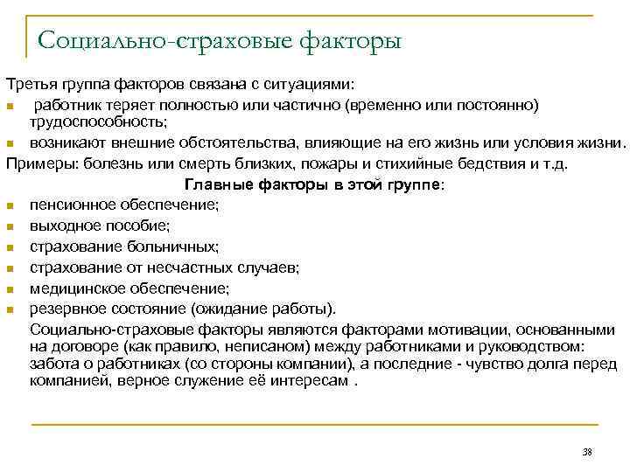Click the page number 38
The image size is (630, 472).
click(x=586, y=451)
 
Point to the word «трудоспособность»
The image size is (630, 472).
click(x=98, y=121)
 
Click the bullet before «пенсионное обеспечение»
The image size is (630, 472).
click(x=9, y=205)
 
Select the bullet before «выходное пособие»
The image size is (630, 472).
click(x=9, y=226)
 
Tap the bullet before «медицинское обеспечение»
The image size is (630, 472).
click(x=9, y=289)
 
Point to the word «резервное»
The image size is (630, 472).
click(x=62, y=309)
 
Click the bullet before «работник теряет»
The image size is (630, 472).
click(x=9, y=107)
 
